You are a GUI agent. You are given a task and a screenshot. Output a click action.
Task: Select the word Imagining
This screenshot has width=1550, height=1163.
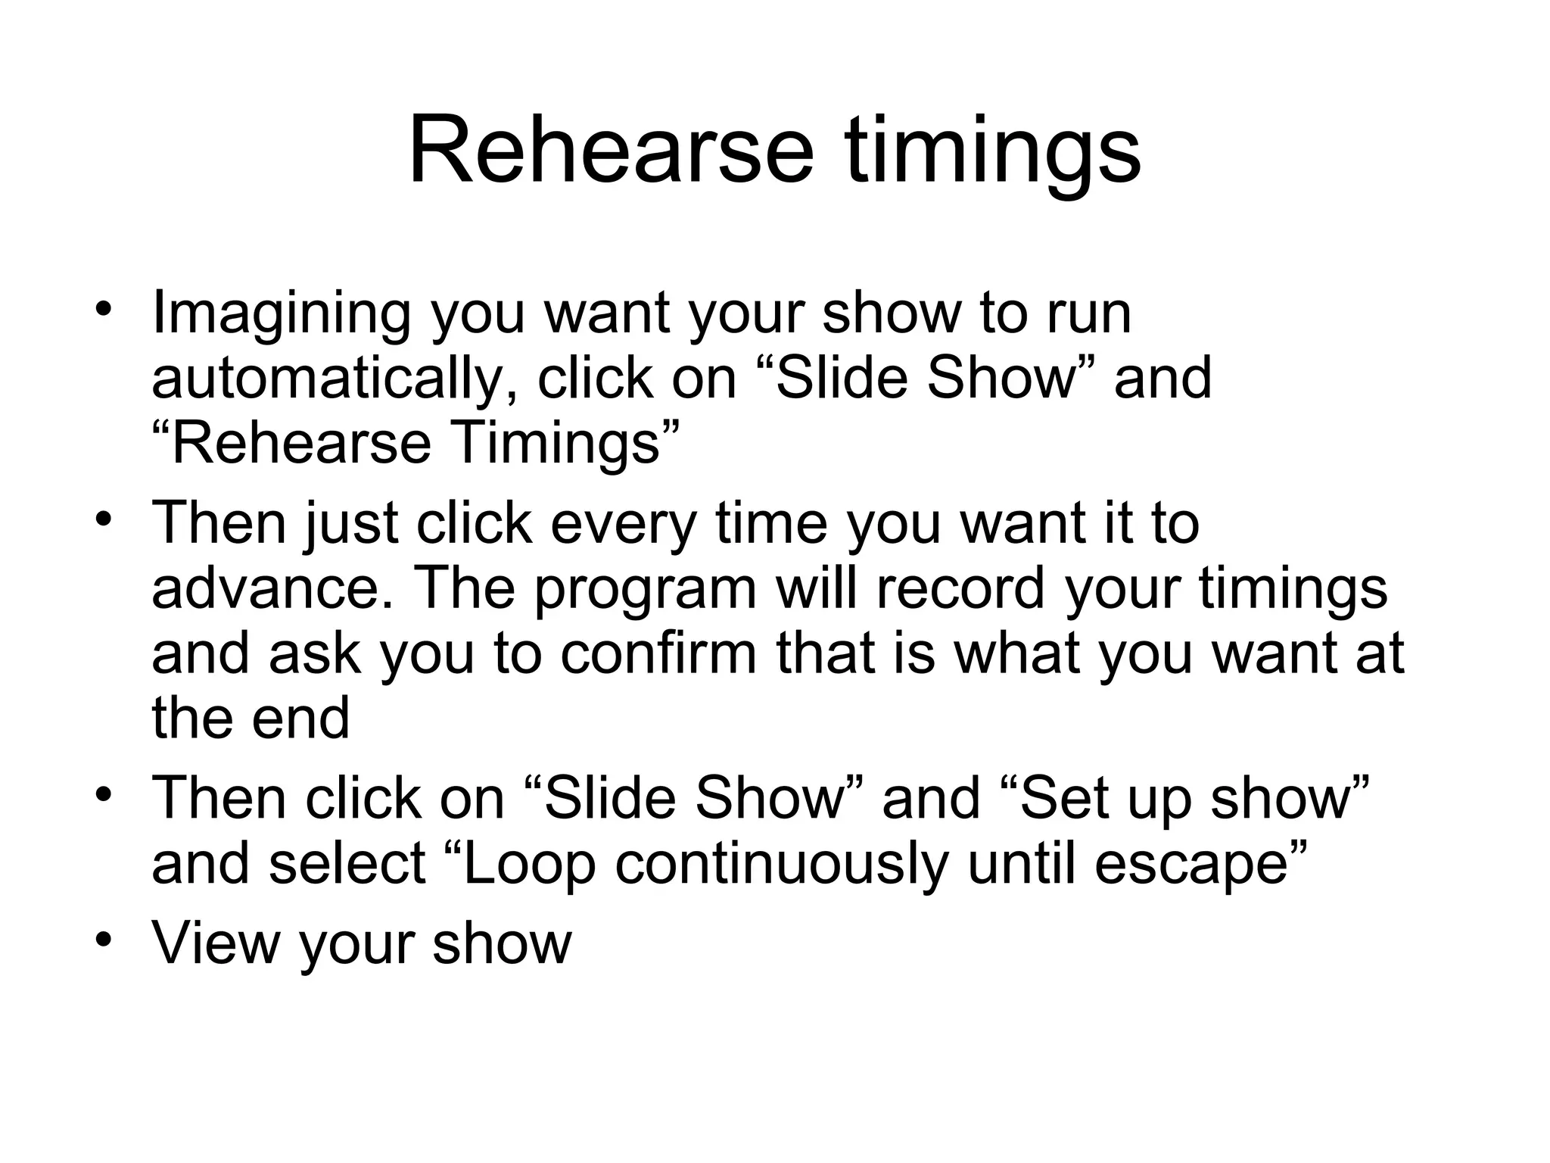tap(281, 314)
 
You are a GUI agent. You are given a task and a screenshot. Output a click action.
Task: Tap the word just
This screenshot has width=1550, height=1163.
tap(351, 524)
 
